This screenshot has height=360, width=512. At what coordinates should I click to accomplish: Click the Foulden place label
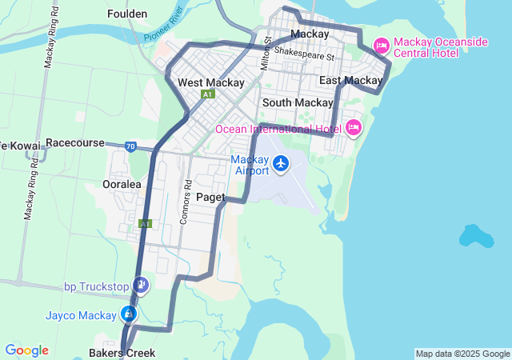127,14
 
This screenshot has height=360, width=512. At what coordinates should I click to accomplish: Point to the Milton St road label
268,51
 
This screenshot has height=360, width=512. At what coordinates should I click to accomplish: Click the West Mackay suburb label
210,82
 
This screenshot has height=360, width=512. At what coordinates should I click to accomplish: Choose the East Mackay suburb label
351,80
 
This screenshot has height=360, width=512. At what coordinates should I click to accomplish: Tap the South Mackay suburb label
298,102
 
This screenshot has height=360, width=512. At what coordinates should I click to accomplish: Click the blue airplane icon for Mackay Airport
281,163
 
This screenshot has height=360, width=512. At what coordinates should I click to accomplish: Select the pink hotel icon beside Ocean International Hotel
353,127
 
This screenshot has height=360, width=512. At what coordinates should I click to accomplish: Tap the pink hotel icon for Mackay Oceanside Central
382,46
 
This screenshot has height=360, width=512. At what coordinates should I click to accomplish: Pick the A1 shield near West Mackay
208,94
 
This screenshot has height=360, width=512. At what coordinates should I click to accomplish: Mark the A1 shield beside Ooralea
145,224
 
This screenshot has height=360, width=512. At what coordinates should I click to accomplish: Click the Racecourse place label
75,142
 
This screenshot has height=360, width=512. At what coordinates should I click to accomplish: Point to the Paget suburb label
210,196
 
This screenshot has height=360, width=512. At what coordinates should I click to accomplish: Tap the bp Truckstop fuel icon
141,285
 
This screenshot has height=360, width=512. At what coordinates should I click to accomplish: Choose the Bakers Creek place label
122,353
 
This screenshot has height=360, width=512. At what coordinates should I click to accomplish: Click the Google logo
26,350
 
